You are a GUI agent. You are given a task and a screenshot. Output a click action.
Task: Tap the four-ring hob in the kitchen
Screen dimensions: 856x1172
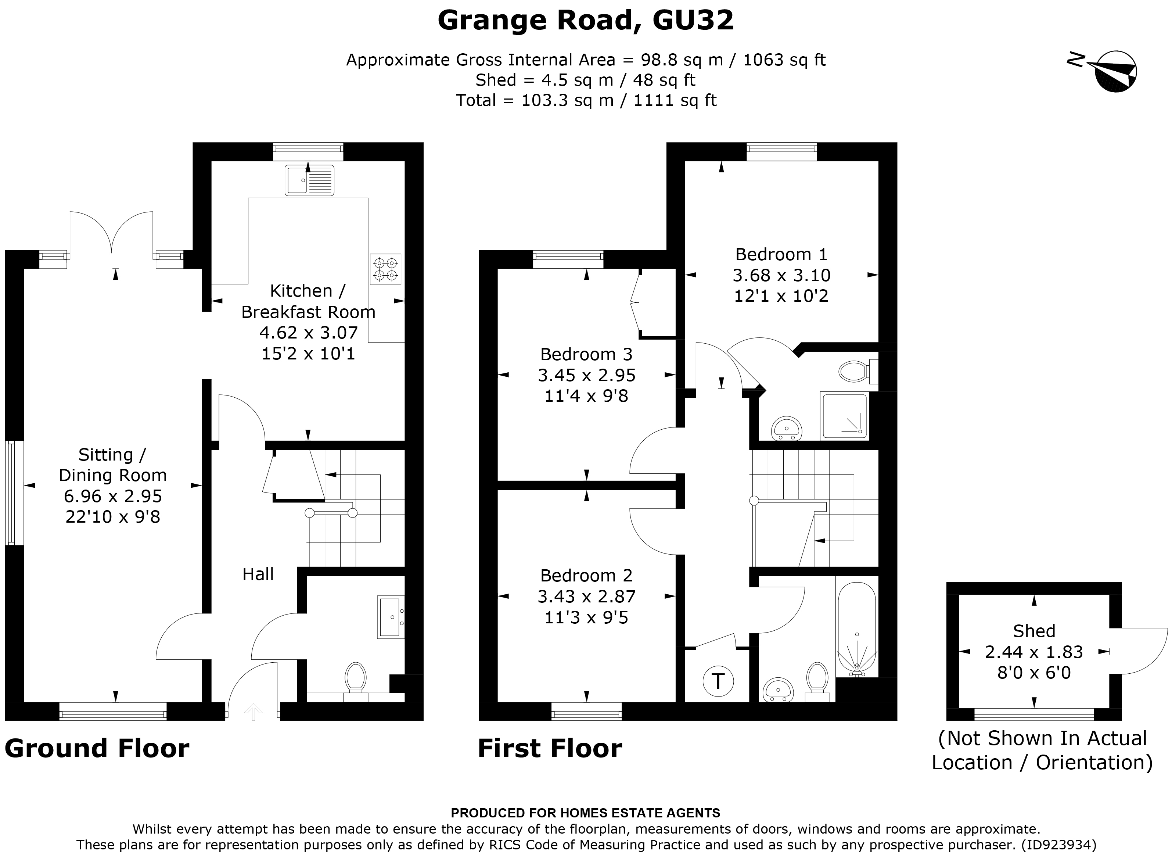(x=385, y=269)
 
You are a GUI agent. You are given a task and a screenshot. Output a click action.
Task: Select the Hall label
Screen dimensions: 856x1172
(x=258, y=574)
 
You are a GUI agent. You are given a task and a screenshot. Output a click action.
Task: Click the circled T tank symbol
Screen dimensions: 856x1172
(x=718, y=681)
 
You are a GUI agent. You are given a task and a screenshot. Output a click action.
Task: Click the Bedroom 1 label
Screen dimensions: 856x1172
(x=781, y=254)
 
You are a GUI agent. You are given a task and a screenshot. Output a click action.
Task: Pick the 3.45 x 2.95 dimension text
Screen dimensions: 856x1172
(x=586, y=375)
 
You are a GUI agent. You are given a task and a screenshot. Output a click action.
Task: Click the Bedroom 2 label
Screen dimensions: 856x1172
(x=586, y=576)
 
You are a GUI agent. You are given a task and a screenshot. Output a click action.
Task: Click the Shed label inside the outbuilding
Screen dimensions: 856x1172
(x=1034, y=631)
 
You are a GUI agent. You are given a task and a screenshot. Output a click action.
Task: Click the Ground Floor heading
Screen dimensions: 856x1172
(x=97, y=749)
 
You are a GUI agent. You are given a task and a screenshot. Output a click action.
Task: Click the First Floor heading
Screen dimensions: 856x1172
(x=550, y=749)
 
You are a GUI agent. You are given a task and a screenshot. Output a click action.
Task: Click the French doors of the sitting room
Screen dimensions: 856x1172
(x=111, y=233)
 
